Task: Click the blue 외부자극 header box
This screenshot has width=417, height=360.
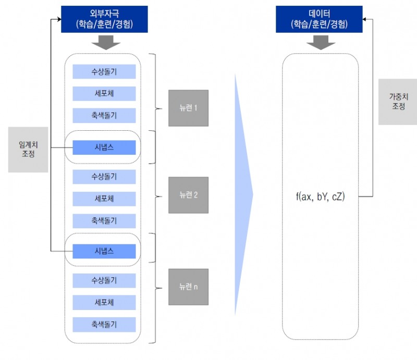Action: point(104,18)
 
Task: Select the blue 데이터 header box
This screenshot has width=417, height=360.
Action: point(320,18)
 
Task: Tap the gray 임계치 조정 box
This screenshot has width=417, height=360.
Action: point(28,150)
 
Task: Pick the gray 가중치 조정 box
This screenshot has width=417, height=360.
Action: point(398,102)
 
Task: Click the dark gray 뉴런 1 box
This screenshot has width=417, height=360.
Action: point(188,108)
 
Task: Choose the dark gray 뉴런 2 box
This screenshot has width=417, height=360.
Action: point(188,195)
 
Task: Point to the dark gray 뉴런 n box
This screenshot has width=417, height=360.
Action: point(188,287)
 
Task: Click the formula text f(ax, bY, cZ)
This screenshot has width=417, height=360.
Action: point(320,197)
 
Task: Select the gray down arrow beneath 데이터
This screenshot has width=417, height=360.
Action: point(320,43)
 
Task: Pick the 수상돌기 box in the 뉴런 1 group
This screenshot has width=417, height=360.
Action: point(104,71)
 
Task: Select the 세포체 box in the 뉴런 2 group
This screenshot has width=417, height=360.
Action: point(104,198)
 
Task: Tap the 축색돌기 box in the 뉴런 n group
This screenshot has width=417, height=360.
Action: point(104,324)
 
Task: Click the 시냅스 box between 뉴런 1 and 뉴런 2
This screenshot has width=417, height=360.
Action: point(104,148)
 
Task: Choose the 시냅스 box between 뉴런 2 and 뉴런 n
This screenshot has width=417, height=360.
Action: point(104,252)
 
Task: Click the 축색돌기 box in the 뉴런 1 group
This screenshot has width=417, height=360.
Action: point(104,115)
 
